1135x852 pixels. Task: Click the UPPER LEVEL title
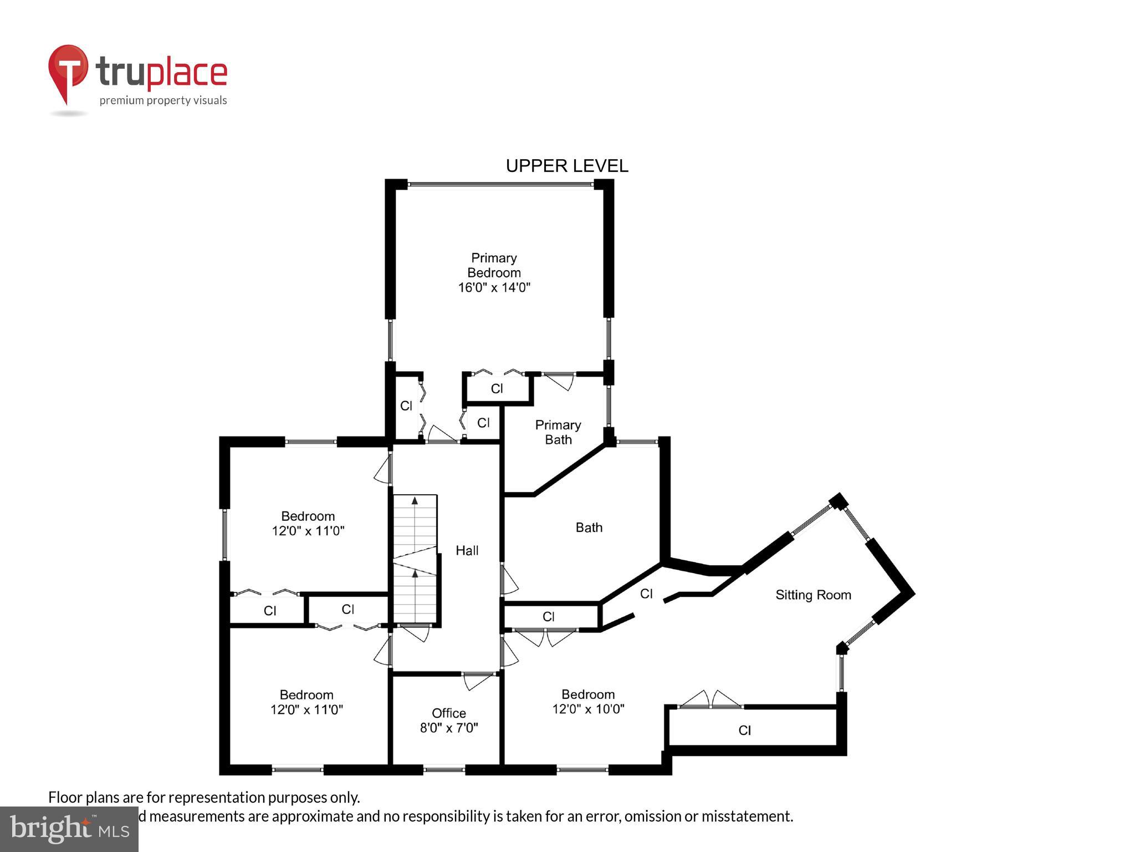coord(566,166)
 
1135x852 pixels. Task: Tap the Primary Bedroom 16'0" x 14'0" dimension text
coord(494,287)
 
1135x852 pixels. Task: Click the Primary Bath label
coord(558,432)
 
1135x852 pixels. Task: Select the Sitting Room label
coord(812,595)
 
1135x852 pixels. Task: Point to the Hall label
coord(467,550)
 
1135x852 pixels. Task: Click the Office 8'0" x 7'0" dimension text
coord(448,728)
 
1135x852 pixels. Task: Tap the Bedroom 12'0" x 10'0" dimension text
coord(588,709)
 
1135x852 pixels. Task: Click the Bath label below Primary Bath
coord(589,528)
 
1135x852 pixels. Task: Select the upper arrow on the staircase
coord(415,501)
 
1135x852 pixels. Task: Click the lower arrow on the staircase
coord(415,574)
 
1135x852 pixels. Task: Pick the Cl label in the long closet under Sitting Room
coord(744,731)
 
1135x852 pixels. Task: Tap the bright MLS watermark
coord(69,829)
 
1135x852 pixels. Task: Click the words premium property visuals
coord(163,100)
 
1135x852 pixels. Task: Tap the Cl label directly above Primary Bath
coord(497,388)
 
